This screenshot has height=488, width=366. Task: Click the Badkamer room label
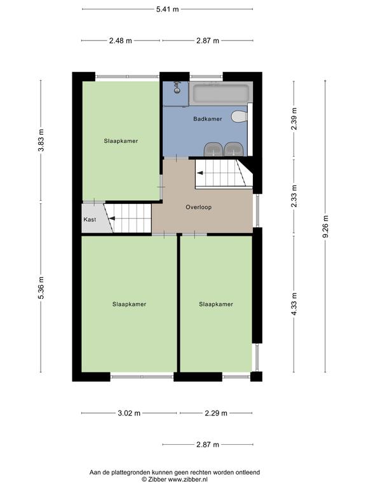click(x=208, y=119)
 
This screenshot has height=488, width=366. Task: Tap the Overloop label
click(x=198, y=207)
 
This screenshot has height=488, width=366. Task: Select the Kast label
click(x=90, y=219)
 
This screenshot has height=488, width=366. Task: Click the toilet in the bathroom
click(x=240, y=117)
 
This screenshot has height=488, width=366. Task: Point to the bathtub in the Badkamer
click(x=220, y=92)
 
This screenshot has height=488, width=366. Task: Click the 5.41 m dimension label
click(x=168, y=9)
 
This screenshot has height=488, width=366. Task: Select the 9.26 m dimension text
click(x=325, y=227)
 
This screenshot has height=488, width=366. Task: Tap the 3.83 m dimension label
click(x=41, y=140)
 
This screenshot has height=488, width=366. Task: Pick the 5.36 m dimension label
click(x=41, y=288)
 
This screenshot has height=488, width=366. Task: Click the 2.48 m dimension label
click(x=121, y=41)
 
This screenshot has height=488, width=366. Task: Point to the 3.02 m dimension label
click(x=129, y=413)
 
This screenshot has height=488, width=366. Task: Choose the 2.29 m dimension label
click(x=216, y=413)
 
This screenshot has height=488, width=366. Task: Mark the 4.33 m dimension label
click(x=294, y=304)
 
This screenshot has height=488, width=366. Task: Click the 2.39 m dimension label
click(x=294, y=119)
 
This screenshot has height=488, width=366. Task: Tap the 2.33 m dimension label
click(x=294, y=196)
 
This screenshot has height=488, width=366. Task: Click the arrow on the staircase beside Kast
click(x=111, y=219)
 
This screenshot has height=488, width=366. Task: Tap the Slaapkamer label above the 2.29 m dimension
click(x=216, y=304)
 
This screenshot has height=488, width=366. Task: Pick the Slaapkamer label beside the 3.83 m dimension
click(x=121, y=141)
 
